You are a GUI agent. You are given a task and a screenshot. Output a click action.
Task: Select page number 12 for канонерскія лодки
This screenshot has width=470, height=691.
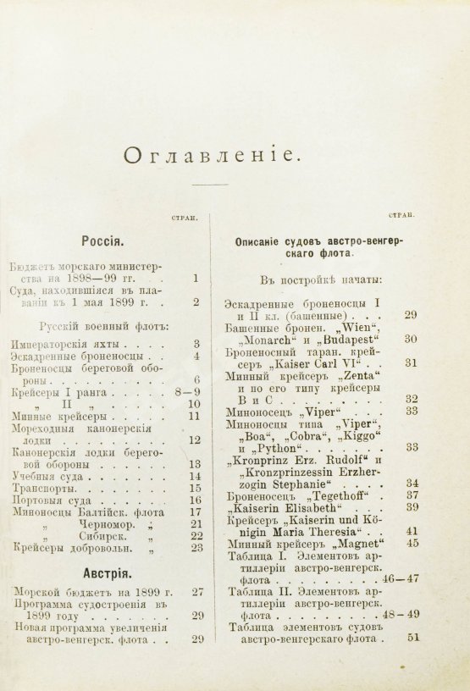[196, 440]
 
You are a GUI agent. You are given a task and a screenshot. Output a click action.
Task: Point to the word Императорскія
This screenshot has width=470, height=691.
[69, 344]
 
